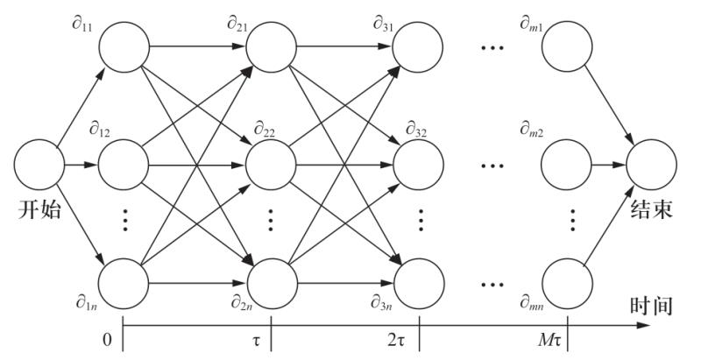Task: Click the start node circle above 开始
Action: (38, 165)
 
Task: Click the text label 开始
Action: (38, 210)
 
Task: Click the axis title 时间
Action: (651, 306)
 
